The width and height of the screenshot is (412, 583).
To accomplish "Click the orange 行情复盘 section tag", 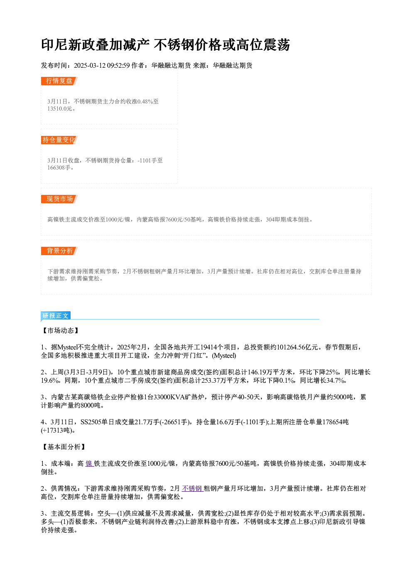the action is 59,81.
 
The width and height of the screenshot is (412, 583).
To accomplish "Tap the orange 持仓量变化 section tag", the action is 59,140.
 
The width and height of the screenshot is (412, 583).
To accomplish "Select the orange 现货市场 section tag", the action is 59,199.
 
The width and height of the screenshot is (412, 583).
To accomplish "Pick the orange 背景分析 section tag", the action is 59,251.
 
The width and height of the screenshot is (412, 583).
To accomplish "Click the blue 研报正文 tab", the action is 56,316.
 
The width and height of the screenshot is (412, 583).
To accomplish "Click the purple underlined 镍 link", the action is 89,463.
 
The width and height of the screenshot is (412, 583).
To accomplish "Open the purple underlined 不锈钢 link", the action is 192,488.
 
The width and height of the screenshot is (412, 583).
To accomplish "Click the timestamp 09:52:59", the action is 118,65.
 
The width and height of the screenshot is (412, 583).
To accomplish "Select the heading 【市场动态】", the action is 61,330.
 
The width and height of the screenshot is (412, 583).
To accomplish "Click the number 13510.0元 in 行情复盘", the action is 59,108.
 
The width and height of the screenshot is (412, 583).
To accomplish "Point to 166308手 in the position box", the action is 59,167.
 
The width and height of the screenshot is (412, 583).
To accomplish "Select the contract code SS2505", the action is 91,422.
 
